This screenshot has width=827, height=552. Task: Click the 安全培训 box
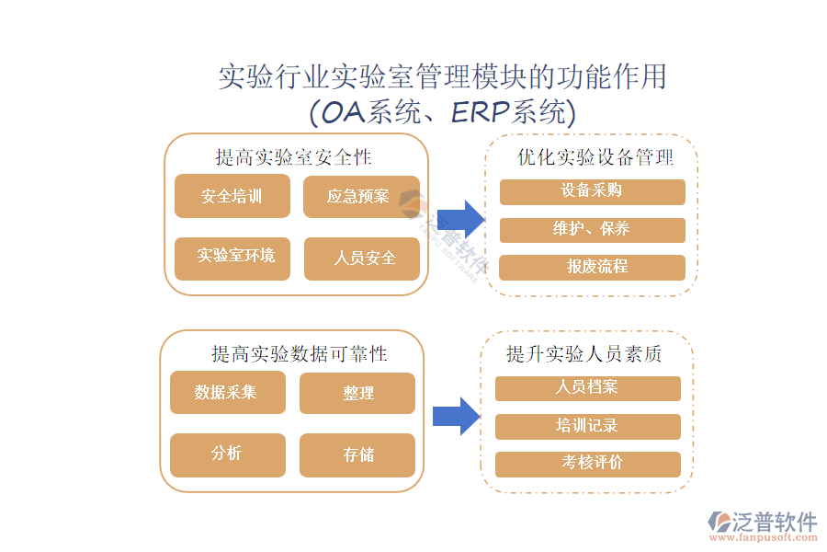(232, 196)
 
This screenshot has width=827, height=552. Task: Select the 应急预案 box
(361, 196)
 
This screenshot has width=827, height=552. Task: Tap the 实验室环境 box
(232, 258)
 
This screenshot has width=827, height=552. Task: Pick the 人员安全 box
(361, 258)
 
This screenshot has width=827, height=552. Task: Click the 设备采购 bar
(592, 191)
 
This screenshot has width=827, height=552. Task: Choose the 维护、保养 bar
(592, 230)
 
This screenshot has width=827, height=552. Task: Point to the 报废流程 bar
(592, 268)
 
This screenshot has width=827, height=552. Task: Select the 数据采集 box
(227, 393)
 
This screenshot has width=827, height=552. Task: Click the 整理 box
(357, 393)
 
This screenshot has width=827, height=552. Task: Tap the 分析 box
(227, 454)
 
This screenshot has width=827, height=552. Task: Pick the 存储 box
(357, 454)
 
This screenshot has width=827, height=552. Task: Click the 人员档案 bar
(587, 388)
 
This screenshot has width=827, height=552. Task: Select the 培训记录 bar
(587, 426)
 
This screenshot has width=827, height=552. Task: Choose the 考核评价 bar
(587, 464)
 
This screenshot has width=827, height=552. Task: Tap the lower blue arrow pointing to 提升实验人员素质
(457, 416)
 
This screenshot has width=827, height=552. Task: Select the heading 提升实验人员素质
(584, 354)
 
